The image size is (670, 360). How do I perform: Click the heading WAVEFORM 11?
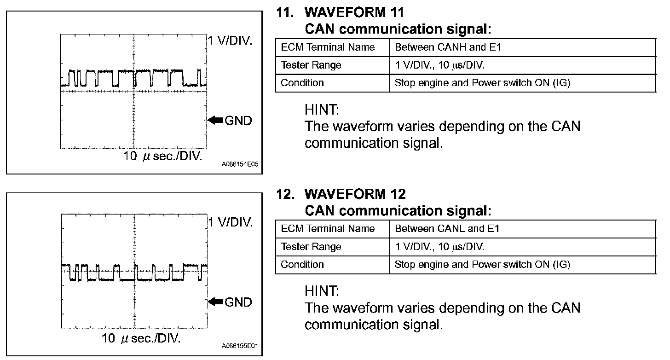[x=354, y=12]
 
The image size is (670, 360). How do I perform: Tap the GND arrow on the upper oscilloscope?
[x=215, y=120]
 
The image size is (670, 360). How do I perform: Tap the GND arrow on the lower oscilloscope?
[x=215, y=302]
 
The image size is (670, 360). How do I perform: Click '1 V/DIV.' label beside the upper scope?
[x=230, y=41]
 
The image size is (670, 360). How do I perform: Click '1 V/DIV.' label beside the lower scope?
[x=230, y=222]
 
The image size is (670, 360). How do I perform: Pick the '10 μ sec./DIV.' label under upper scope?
[x=163, y=157]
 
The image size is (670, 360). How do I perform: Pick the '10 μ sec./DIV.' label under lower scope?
[x=141, y=339]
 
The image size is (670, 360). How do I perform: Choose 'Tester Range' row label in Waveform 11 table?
[x=311, y=65]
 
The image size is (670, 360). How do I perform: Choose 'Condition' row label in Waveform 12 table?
[x=302, y=264]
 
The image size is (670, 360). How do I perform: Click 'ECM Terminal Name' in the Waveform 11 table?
[x=328, y=47]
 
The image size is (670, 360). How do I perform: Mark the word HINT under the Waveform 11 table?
[x=322, y=110]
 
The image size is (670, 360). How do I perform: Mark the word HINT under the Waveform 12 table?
[x=322, y=291]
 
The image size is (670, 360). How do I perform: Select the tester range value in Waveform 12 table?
[x=439, y=246]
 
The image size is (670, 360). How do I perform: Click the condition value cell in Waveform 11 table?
[x=483, y=83]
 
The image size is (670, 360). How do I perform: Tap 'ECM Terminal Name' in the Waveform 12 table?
[x=328, y=228]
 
